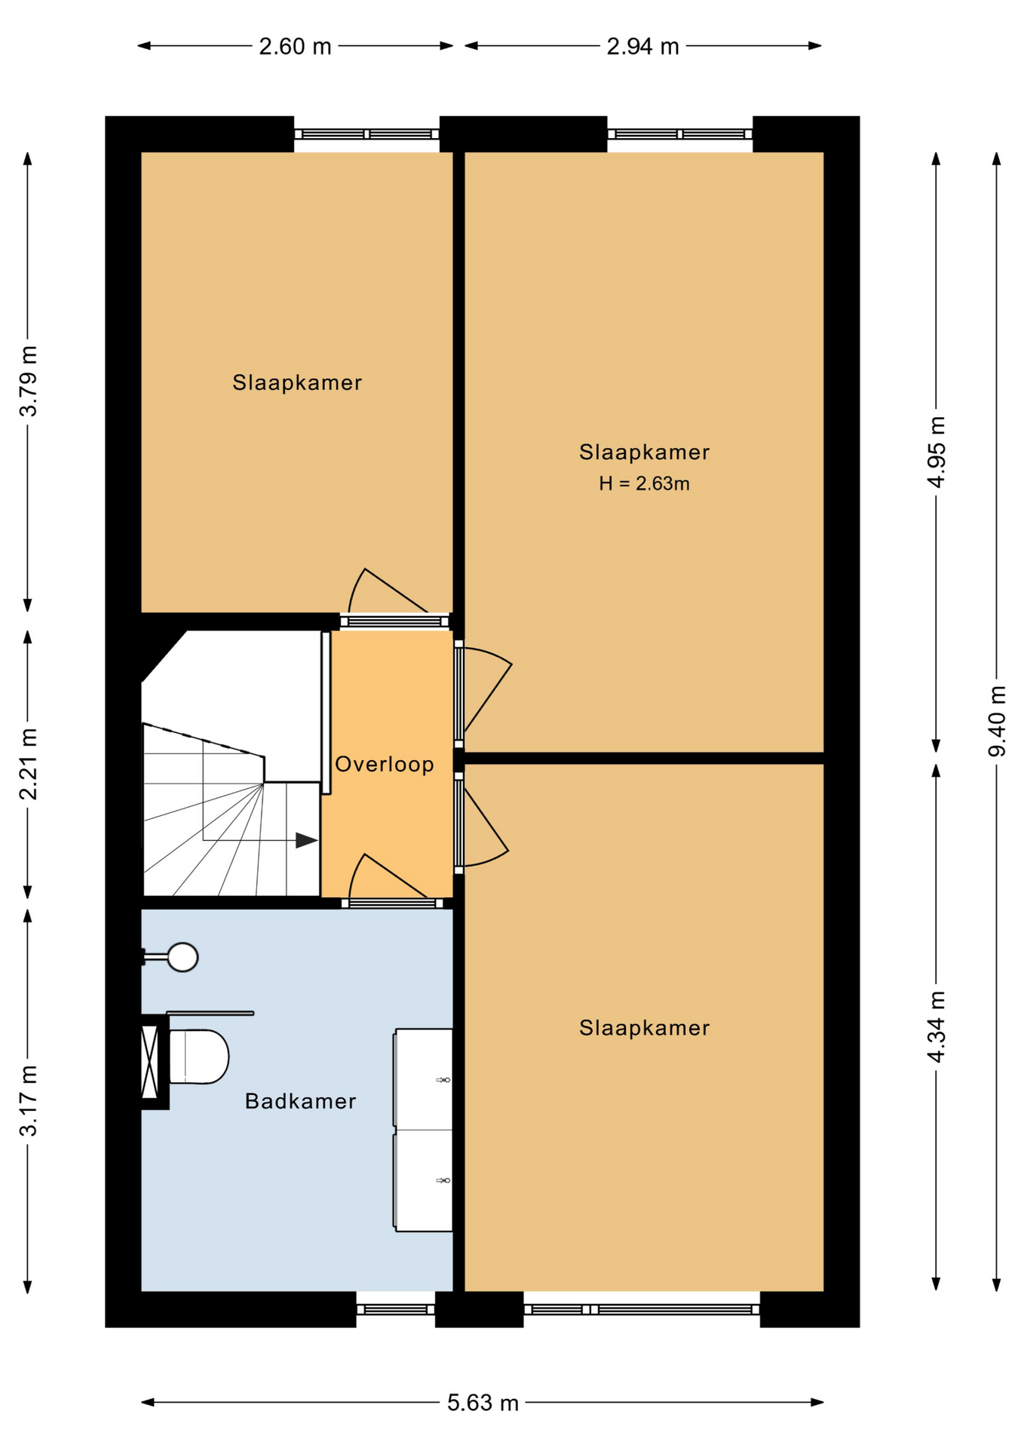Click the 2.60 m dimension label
[295, 47]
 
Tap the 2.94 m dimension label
[642, 47]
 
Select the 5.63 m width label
[483, 1403]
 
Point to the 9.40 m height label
[997, 720]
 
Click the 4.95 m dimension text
[936, 452]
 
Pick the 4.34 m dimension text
[936, 1027]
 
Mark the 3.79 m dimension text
[29, 382]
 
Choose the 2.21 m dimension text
[29, 764]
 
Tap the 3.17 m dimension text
[29, 1100]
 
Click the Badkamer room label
[300, 1101]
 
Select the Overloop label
[384, 764]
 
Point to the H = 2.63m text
[644, 483]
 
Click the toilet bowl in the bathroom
[199, 1057]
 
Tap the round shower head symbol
[182, 957]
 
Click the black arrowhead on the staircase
[305, 840]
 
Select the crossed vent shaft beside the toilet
[151, 1061]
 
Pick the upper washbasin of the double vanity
[424, 1078]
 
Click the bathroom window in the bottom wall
[395, 1309]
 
